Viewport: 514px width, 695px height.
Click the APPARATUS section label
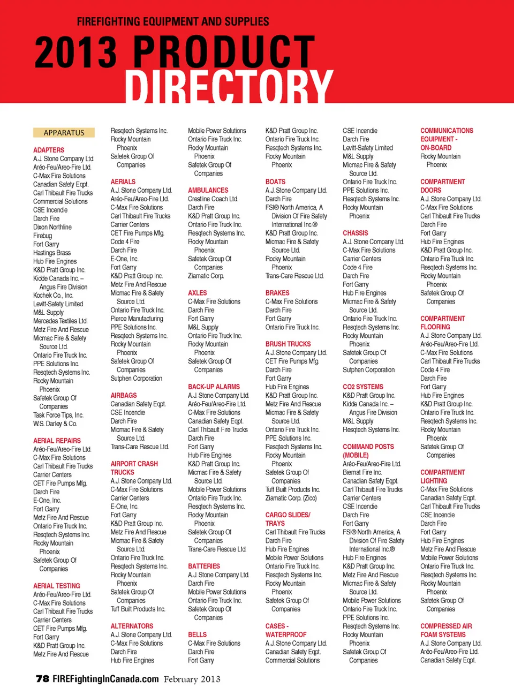pyautogui.click(x=64, y=133)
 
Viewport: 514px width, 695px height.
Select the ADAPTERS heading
pyautogui.click(x=49, y=150)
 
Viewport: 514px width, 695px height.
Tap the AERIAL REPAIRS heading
pyautogui.click(x=57, y=441)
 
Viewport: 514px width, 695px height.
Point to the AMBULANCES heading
pyautogui.click(x=208, y=191)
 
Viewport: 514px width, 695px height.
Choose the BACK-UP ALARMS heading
pyautogui.click(x=214, y=387)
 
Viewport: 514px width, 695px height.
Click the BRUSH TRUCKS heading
pyautogui.click(x=288, y=344)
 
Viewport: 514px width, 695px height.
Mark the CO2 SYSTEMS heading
pyautogui.click(x=363, y=387)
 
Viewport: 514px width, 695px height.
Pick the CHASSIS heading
pyautogui.click(x=356, y=233)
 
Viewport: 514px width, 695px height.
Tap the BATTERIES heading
pyautogui.click(x=204, y=566)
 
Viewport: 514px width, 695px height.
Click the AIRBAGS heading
pyautogui.click(x=124, y=396)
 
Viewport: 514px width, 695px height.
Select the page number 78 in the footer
pyautogui.click(x=42, y=679)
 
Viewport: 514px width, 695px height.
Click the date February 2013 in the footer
pyautogui.click(x=192, y=679)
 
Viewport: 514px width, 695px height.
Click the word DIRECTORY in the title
pyautogui.click(x=229, y=86)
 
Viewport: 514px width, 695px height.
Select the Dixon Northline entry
pyautogui.click(x=52, y=228)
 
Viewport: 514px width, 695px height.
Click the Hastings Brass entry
pyautogui.click(x=52, y=253)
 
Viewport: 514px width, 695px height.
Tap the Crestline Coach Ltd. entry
pyautogui.click(x=213, y=199)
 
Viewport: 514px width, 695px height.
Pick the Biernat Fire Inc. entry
pyautogui.click(x=362, y=473)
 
